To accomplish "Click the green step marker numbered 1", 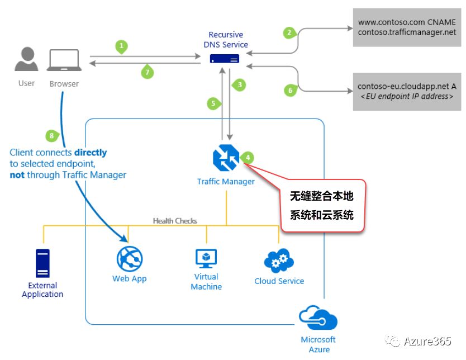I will pyautogui.click(x=122, y=46).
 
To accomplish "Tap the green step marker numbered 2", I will pyautogui.click(x=289, y=32).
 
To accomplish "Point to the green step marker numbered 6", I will pyautogui.click(x=289, y=89).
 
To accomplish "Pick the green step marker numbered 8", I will pyautogui.click(x=51, y=135).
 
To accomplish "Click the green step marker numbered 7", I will pyautogui.click(x=147, y=72).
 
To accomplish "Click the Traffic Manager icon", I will pyautogui.click(x=226, y=158).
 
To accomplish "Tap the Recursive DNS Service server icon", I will pyautogui.click(x=225, y=59).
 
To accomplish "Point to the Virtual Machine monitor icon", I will pyautogui.click(x=206, y=258).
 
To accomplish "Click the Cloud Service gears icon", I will pyautogui.click(x=279, y=260).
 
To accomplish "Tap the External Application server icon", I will pyautogui.click(x=42, y=263).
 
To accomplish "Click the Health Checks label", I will pyautogui.click(x=175, y=221).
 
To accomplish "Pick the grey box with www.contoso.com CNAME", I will pyautogui.click(x=407, y=28).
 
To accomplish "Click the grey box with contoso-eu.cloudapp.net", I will pyautogui.click(x=407, y=91).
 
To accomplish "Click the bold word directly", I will pyautogui.click(x=90, y=152).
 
